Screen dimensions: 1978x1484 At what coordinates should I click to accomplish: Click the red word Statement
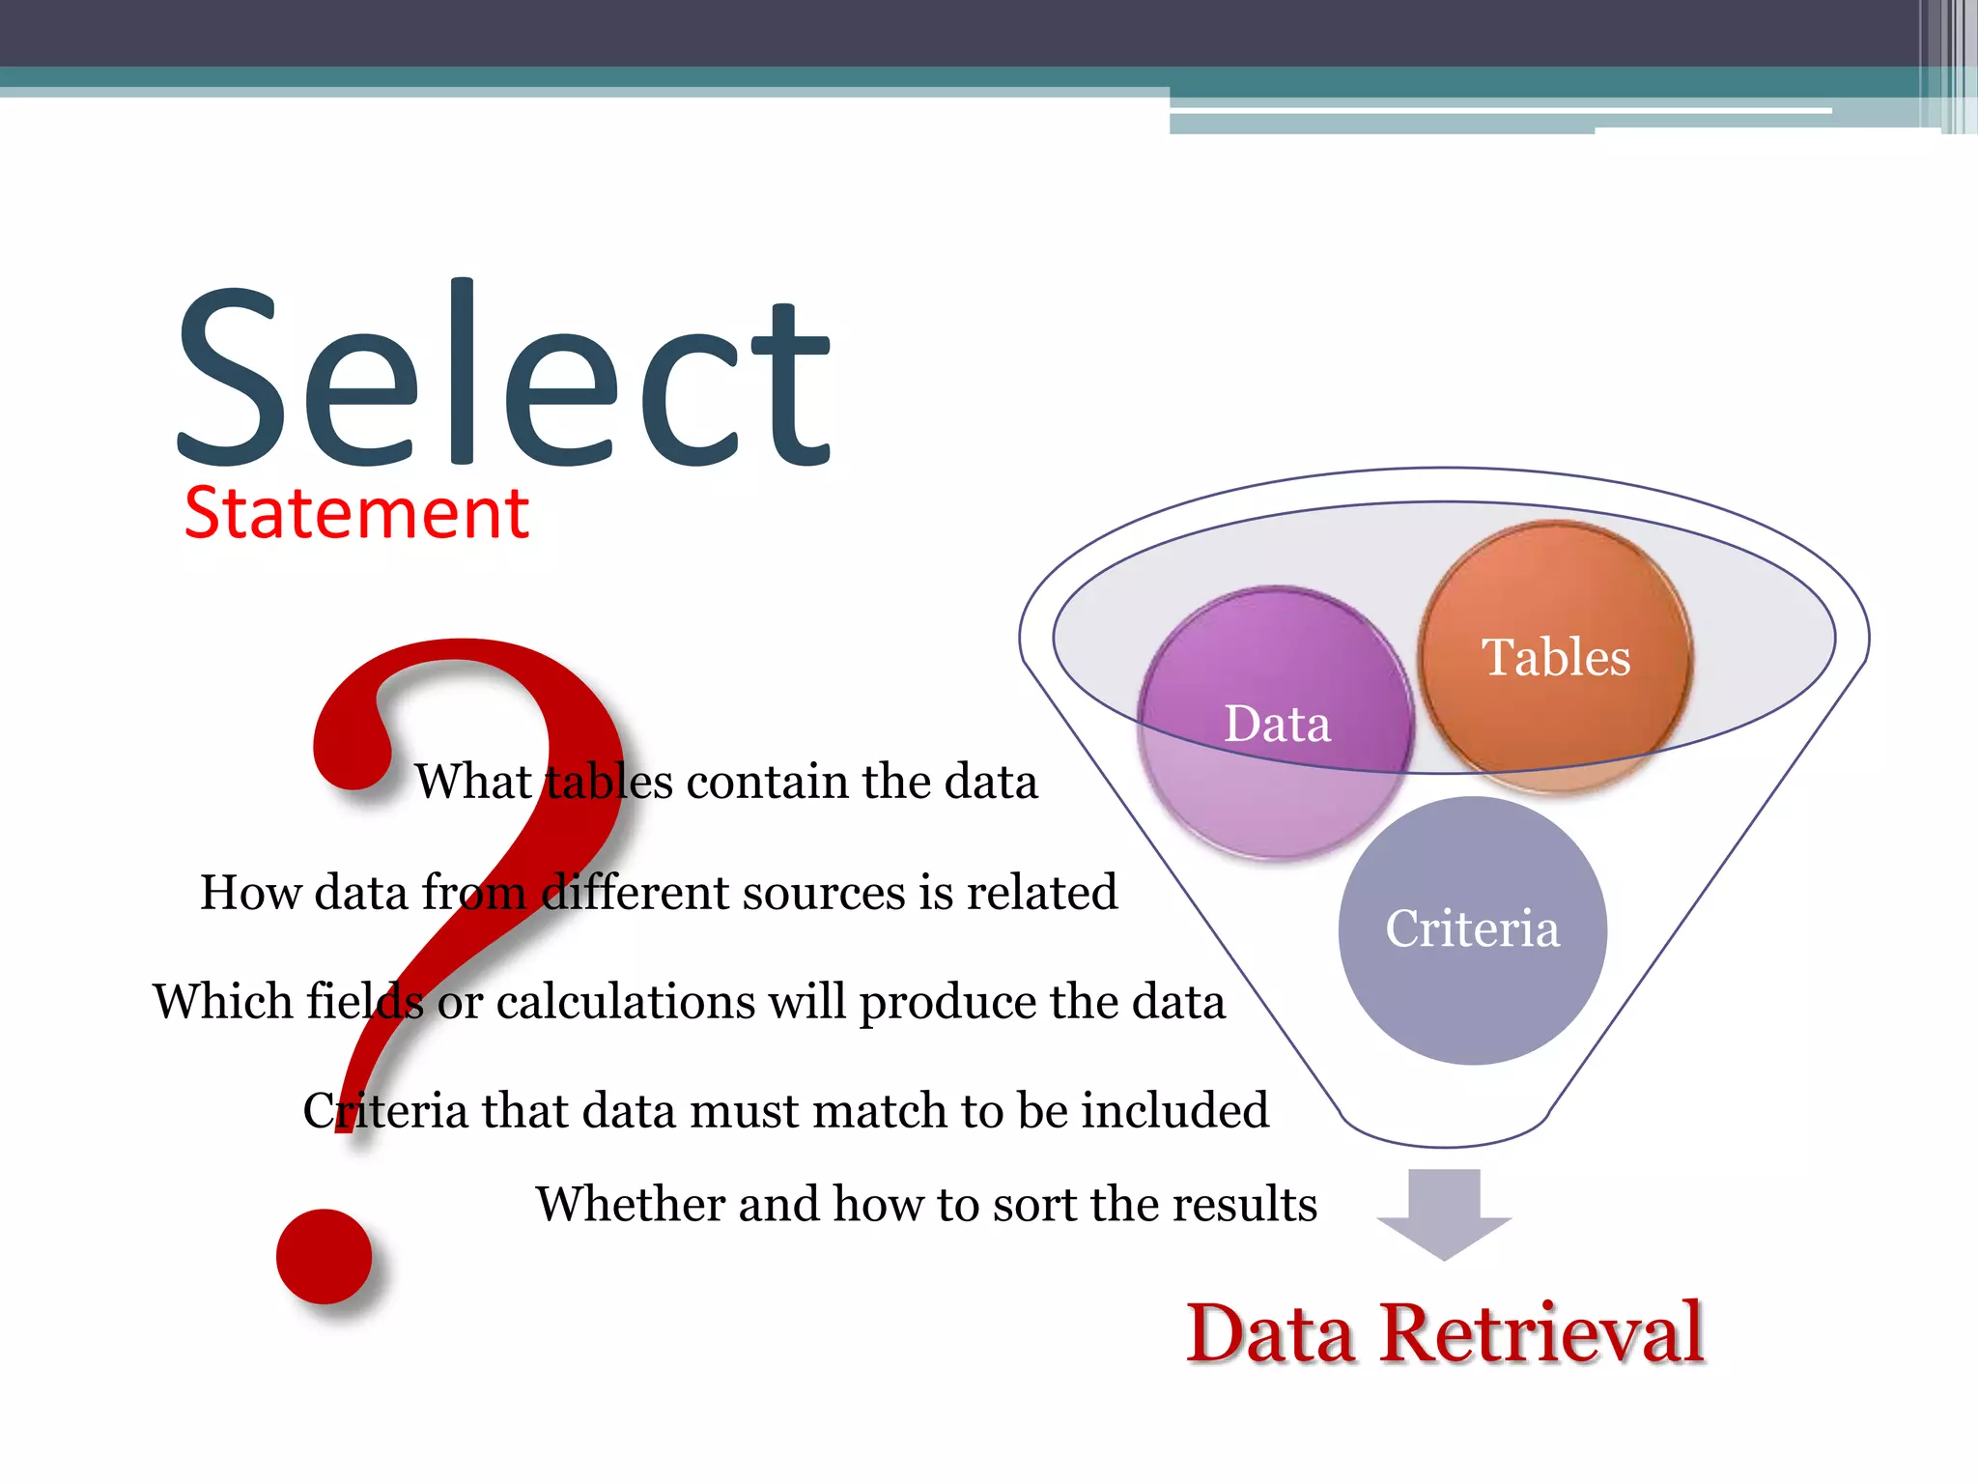point(355,513)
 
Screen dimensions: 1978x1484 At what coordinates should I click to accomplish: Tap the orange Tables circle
point(1555,657)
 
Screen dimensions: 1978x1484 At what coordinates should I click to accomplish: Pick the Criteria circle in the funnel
point(1472,929)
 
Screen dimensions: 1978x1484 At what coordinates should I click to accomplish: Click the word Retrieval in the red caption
point(1541,1334)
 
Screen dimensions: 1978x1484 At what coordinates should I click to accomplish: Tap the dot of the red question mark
point(325,1256)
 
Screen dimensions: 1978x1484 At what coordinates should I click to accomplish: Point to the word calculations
point(626,1002)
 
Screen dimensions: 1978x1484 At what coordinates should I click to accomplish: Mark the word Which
point(222,1002)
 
